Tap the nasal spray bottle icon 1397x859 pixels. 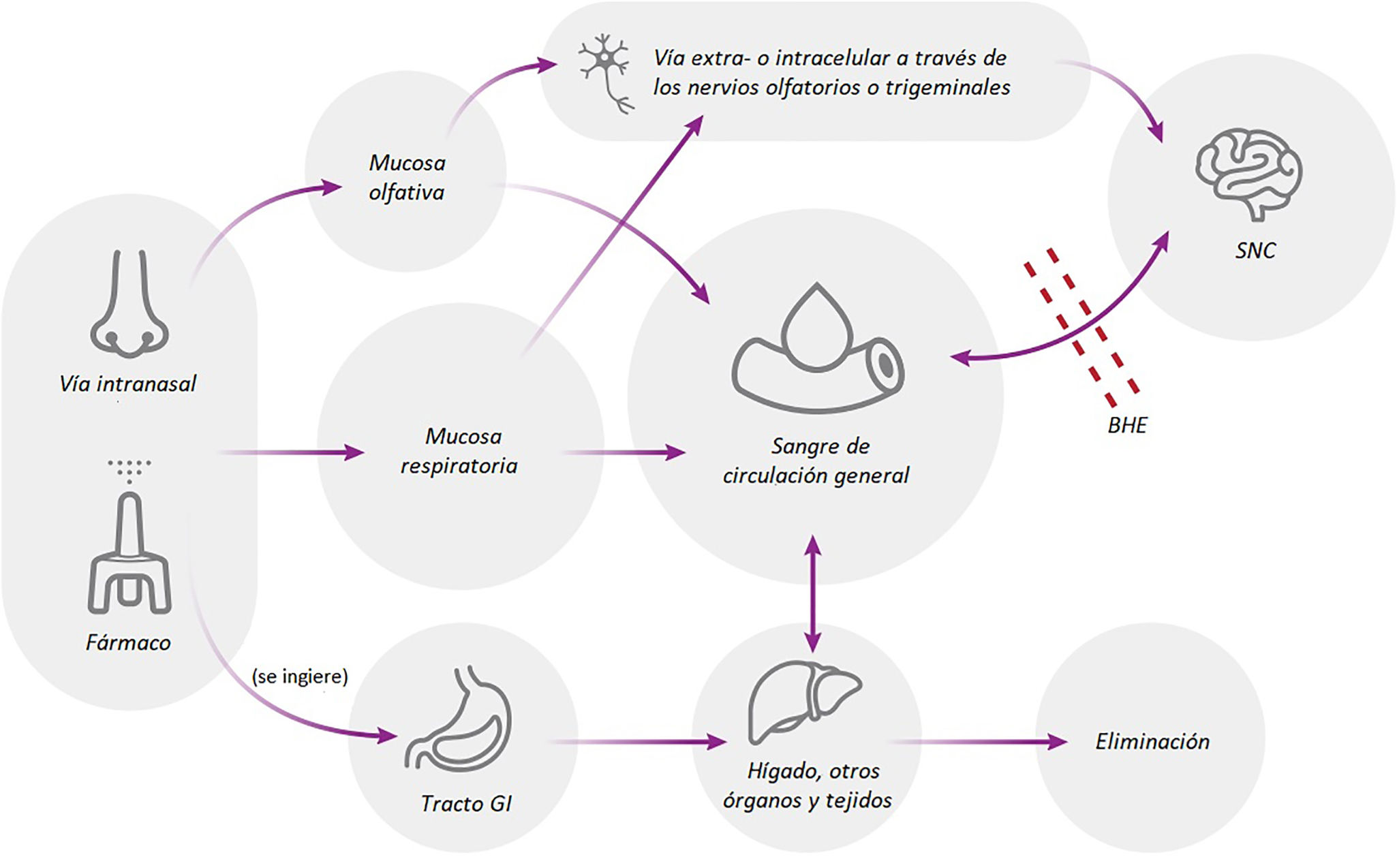pos(129,552)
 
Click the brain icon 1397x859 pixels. pos(1248,174)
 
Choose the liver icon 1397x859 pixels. pos(804,702)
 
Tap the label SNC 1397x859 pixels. pos(1255,251)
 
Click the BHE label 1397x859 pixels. pos(1127,425)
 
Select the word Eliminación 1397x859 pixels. pos(1152,741)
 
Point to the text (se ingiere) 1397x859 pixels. pos(300,676)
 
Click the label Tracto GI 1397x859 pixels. pos(466,804)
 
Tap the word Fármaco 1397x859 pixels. pos(128,642)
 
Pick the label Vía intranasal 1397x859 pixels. pos(127,384)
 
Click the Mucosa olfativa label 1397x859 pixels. pos(407,177)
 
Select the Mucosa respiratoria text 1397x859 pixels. pos(460,451)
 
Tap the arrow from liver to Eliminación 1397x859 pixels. pos(981,741)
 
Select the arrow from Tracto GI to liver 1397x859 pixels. pos(641,741)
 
